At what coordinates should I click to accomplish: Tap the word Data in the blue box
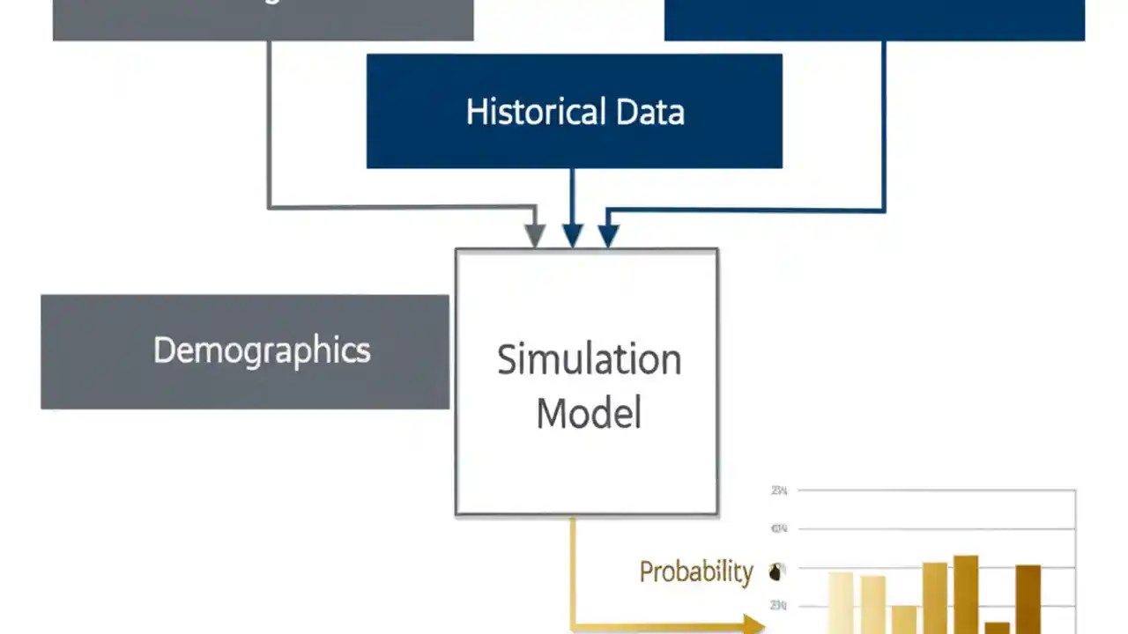coord(650,112)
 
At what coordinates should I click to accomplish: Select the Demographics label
coord(262,350)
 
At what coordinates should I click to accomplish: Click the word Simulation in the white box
coord(589,359)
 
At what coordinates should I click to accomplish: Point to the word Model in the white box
coord(589,413)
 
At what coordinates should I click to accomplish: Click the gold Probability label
coord(695,571)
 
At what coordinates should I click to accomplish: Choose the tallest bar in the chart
coord(966,594)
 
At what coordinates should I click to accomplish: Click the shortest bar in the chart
coord(997,627)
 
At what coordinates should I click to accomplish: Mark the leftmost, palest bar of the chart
coord(841,603)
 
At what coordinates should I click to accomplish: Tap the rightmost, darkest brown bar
coord(1028,599)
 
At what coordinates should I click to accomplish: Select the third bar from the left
coord(903,619)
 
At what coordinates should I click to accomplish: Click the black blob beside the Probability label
coord(775,572)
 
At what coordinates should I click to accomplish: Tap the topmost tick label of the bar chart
coord(779,490)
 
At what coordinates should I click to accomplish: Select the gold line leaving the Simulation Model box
coord(573,572)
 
